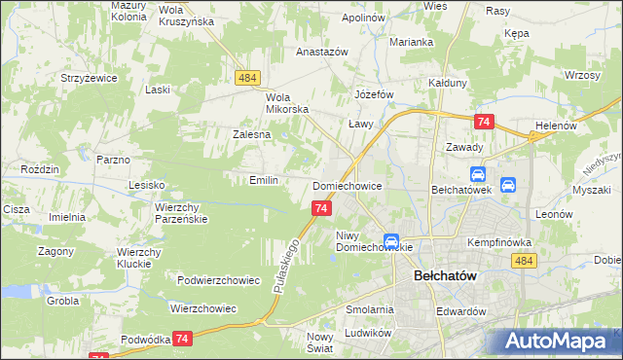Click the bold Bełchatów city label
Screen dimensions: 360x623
click(438, 275)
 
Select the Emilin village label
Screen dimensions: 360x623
click(264, 180)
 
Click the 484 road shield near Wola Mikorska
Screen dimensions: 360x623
click(245, 75)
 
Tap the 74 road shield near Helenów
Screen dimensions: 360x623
click(484, 122)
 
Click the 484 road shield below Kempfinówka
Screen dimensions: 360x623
click(524, 261)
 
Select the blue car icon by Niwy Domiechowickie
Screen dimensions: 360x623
click(390, 240)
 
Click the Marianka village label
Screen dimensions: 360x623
click(411, 42)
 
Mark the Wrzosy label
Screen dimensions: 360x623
click(581, 75)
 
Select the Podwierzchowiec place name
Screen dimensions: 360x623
click(219, 280)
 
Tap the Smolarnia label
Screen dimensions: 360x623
click(368, 309)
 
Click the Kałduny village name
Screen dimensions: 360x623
click(449, 83)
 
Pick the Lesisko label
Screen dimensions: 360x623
click(147, 183)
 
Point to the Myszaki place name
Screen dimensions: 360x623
click(591, 190)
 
